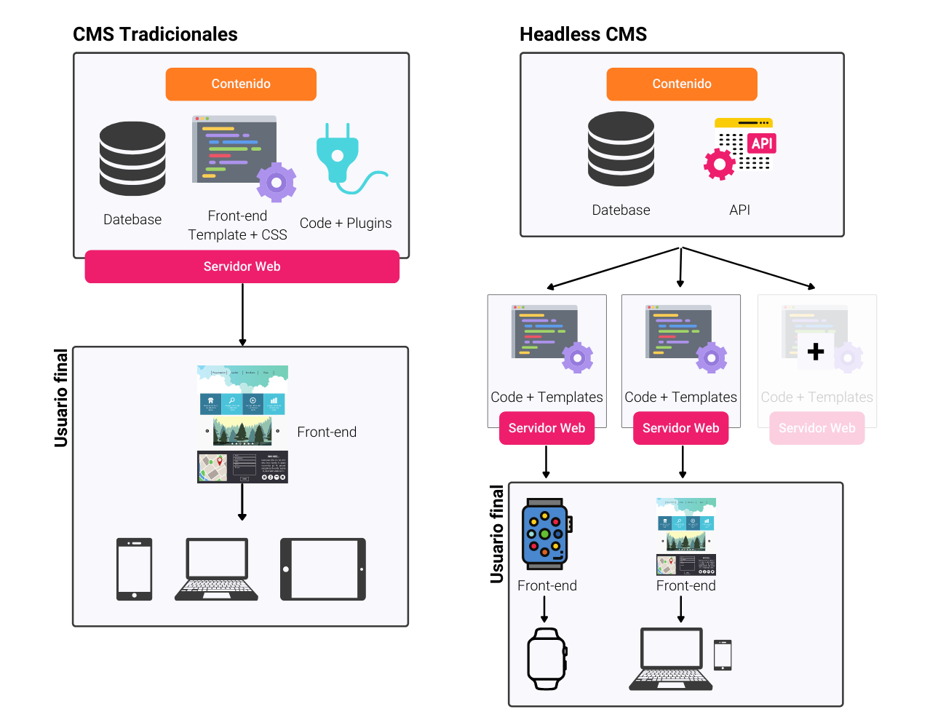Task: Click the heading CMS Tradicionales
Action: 155,34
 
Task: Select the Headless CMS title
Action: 583,34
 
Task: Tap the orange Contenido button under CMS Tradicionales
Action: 241,84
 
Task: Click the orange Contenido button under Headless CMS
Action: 682,84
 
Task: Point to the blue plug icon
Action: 338,155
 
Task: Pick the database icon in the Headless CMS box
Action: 621,149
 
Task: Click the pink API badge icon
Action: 762,143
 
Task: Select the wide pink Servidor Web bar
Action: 242,266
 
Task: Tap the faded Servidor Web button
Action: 816,428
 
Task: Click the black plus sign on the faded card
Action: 816,352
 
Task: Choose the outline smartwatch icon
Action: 546,658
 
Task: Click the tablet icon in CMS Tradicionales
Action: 323,569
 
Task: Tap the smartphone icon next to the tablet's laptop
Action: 135,569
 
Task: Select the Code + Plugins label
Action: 346,223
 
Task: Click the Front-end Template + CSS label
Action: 237,226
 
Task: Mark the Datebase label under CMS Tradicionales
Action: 132,220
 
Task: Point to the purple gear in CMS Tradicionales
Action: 277,182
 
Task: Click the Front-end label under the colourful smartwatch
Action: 547,586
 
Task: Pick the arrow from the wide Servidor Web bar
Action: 242,314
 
